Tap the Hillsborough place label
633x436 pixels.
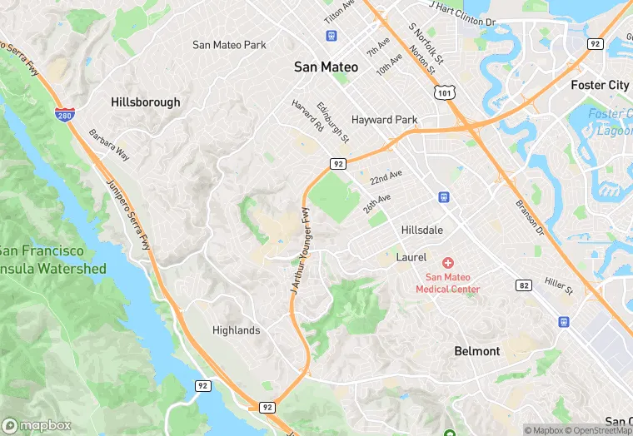point(145,102)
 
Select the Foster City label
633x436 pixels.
point(600,85)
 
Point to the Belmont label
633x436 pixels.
point(477,351)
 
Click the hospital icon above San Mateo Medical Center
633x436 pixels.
point(448,263)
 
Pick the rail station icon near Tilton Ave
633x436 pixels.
point(331,36)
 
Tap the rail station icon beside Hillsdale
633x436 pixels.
point(445,197)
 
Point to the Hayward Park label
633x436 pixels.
point(384,120)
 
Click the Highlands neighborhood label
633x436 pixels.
point(236,330)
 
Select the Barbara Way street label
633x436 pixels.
point(110,143)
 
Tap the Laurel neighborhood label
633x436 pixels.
point(411,257)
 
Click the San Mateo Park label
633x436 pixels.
point(229,45)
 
